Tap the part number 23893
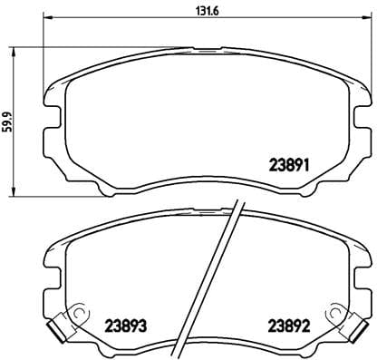126,326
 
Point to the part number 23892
289,326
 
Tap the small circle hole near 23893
80,316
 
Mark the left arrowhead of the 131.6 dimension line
47,20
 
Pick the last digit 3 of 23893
146,326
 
